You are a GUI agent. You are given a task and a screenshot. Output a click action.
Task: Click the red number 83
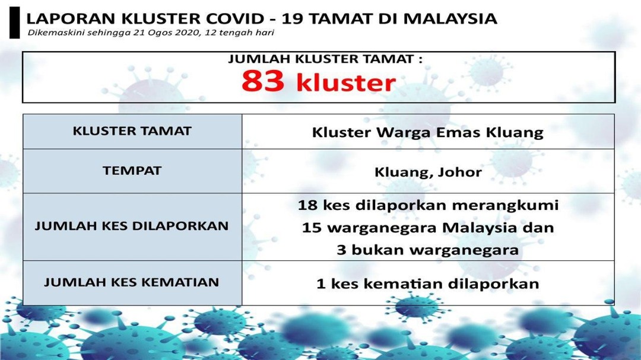pyautogui.click(x=262, y=80)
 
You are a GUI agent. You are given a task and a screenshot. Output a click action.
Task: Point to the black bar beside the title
pyautogui.click(x=15, y=23)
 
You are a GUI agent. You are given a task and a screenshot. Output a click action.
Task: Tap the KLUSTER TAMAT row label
pyautogui.click(x=132, y=130)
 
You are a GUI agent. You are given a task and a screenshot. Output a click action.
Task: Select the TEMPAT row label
pyautogui.click(x=132, y=170)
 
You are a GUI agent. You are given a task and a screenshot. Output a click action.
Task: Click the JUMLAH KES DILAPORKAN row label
pyautogui.click(x=132, y=226)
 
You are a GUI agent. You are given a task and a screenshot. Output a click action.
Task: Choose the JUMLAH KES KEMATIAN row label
pyautogui.click(x=132, y=282)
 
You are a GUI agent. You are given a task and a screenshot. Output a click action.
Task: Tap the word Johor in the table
pyautogui.click(x=460, y=172)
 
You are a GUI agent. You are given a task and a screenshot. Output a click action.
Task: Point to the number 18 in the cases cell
pyautogui.click(x=307, y=205)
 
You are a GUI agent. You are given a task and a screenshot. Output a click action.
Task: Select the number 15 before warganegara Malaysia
pyautogui.click(x=312, y=228)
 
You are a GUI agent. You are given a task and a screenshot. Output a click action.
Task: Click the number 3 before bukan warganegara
pyautogui.click(x=342, y=250)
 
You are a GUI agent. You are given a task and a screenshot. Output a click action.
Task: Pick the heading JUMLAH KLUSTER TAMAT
pyautogui.click(x=325, y=59)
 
